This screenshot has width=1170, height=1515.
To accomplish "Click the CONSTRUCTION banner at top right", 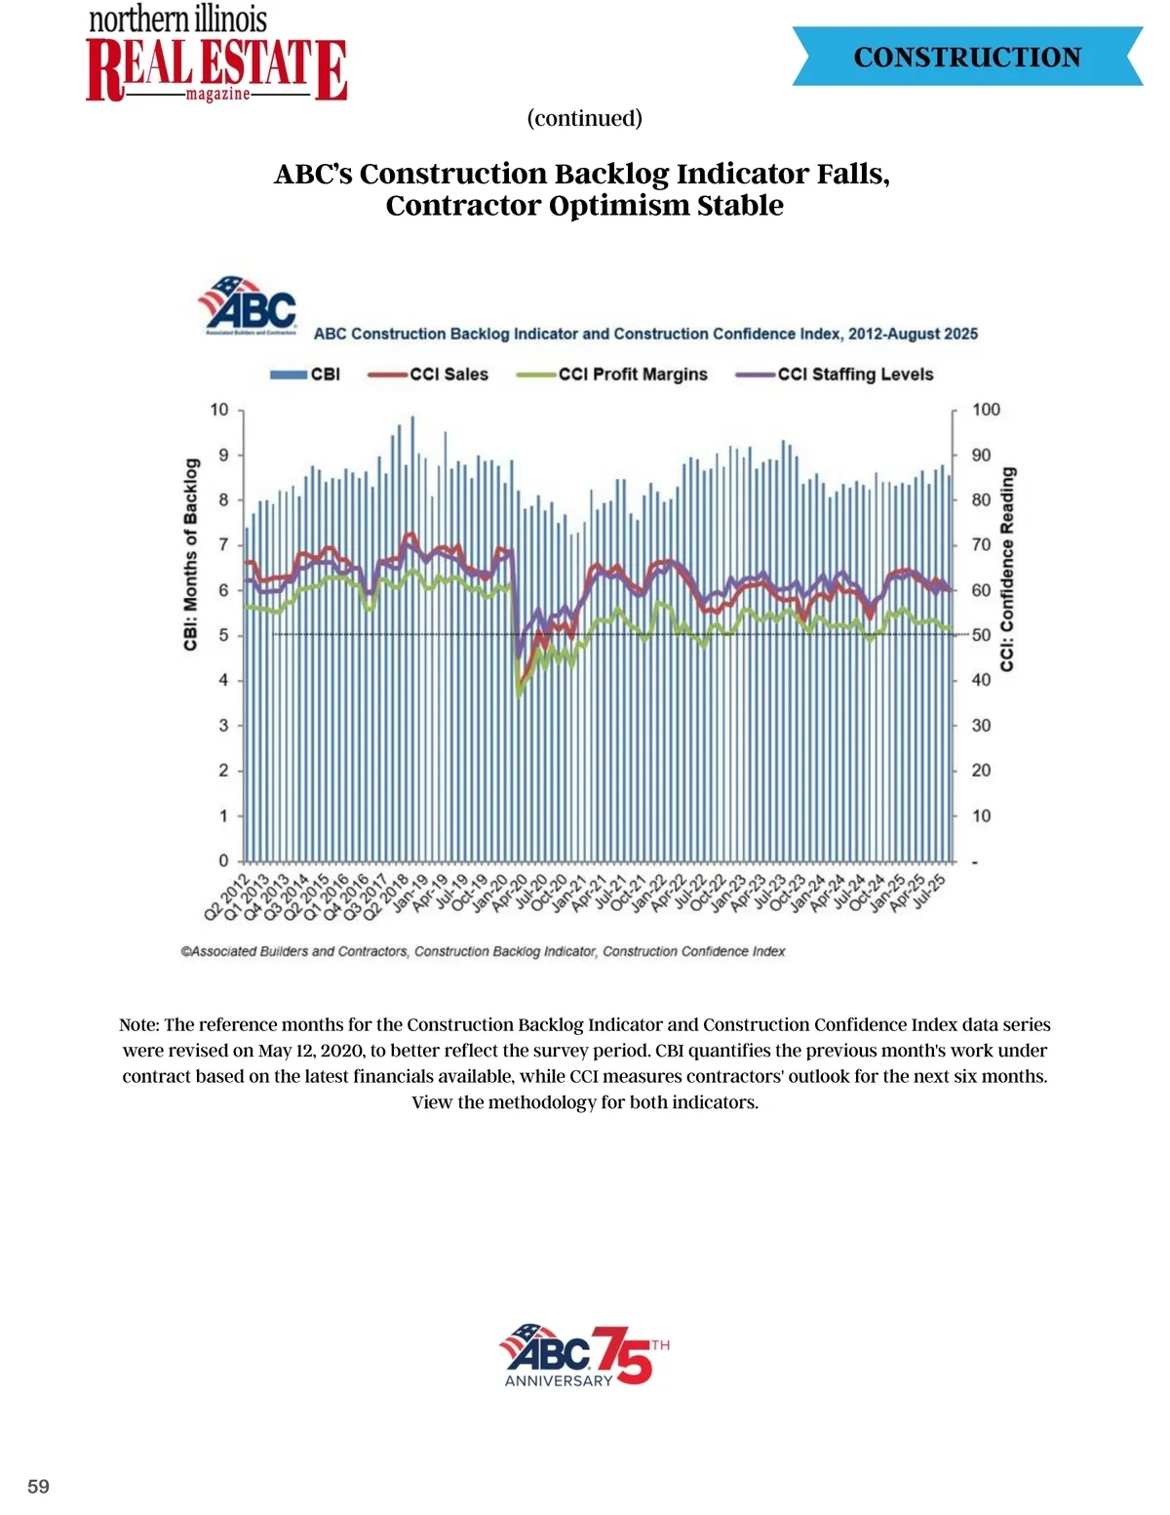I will point(967,57).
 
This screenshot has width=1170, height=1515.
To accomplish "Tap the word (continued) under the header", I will point(584,118).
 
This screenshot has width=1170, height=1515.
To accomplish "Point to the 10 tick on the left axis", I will point(219,410).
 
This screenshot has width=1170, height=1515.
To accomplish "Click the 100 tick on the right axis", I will point(986,410).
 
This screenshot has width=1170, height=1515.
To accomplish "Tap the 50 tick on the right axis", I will point(981,635).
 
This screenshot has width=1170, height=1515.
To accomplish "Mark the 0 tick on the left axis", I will point(223,860).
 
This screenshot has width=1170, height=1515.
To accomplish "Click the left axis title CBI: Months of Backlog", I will point(191,554).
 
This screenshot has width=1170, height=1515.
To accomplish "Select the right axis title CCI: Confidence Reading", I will point(1007,569).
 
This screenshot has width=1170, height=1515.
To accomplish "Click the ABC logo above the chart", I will point(249,304).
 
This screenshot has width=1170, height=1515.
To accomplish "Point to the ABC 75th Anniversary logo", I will point(584,1355).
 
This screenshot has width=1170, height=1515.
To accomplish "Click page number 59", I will point(38,1487).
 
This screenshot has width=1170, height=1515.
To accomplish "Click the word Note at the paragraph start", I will point(138,1025).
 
